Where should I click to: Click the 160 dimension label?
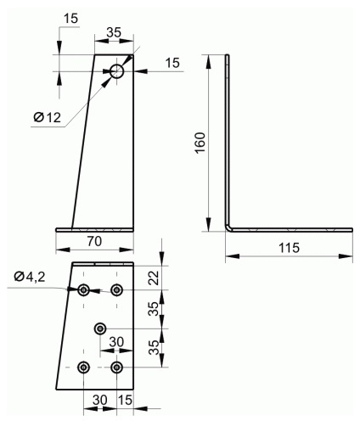(200, 143)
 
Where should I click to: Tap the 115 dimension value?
(289, 248)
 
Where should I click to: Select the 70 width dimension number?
(94, 241)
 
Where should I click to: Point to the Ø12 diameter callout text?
(48, 117)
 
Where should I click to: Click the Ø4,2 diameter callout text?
(30, 277)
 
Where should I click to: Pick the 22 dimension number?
(154, 278)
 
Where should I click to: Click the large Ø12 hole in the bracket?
(117, 71)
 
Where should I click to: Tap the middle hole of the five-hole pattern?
(100, 328)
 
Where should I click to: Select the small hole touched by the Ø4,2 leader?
(83, 290)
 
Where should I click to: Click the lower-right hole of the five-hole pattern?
(116, 368)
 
